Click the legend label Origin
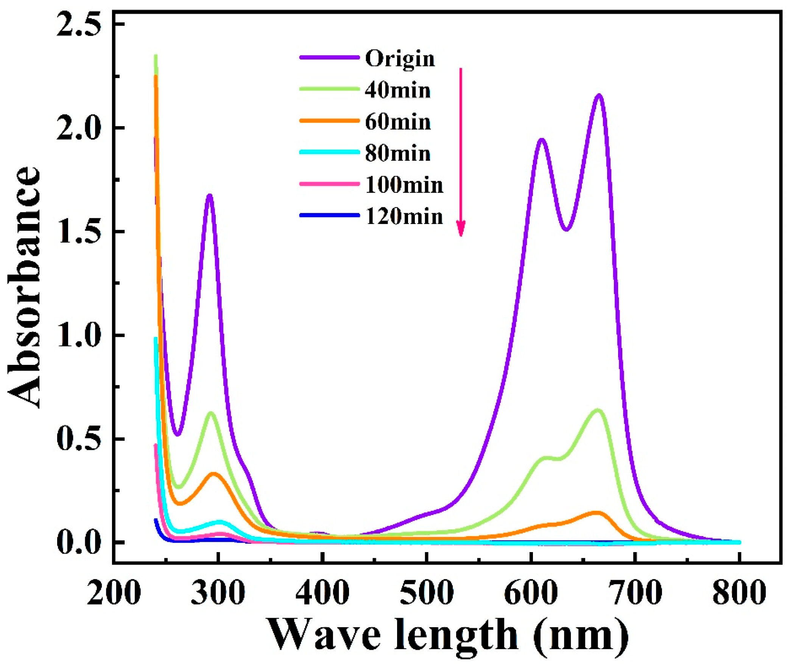(400, 59)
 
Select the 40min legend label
(398, 91)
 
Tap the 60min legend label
(398, 122)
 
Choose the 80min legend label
(398, 153)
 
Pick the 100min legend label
(404, 185)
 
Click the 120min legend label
(404, 217)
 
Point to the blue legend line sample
(329, 215)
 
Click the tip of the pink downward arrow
(461, 235)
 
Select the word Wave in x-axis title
(324, 635)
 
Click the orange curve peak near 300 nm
(214, 474)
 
